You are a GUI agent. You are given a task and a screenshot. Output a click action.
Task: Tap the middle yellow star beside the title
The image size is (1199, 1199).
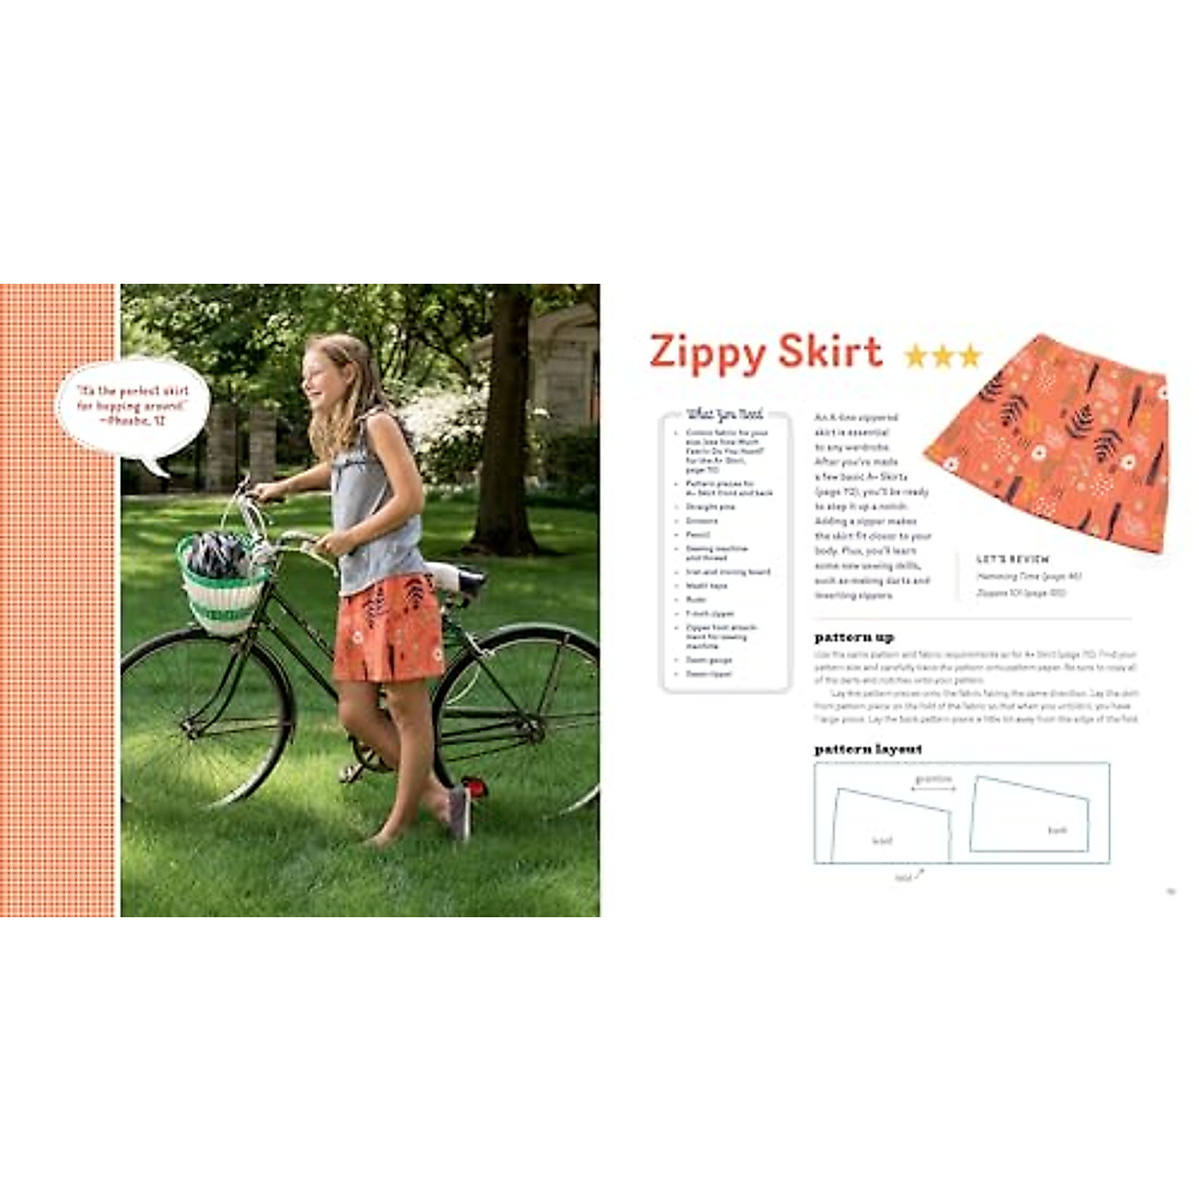pos(943,356)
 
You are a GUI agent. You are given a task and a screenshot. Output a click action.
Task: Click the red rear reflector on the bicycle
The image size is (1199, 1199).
pos(475,788)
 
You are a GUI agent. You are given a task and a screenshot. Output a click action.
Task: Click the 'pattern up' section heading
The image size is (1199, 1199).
pos(853,636)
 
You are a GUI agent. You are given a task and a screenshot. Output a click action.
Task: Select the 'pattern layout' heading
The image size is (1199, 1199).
pos(867,748)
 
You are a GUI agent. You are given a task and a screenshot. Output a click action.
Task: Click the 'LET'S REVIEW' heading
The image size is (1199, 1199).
pos(1012,560)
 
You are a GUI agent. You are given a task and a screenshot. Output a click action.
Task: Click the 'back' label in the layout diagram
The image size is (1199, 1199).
pos(1057,829)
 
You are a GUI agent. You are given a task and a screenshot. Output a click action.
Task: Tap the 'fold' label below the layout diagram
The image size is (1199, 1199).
pos(903,876)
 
